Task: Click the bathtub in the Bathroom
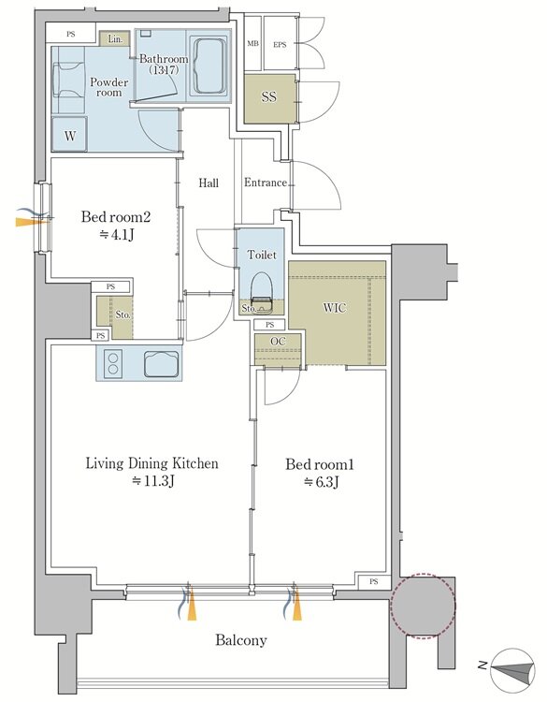click(x=209, y=66)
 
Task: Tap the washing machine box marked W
click(x=69, y=134)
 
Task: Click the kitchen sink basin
click(x=162, y=362)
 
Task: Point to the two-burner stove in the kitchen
click(x=113, y=362)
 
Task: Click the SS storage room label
click(x=268, y=96)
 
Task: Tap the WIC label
click(x=335, y=308)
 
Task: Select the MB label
click(x=253, y=44)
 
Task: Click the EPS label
click(x=280, y=44)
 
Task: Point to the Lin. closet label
click(x=115, y=39)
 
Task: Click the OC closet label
click(x=278, y=341)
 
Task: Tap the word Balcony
click(x=241, y=640)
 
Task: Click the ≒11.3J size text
click(x=152, y=481)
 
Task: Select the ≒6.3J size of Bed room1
click(x=321, y=482)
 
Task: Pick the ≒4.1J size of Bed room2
click(x=116, y=235)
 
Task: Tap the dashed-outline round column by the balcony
click(x=424, y=605)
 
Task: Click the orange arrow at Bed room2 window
click(x=31, y=221)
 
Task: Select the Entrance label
click(x=266, y=183)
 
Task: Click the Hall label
click(x=209, y=183)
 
